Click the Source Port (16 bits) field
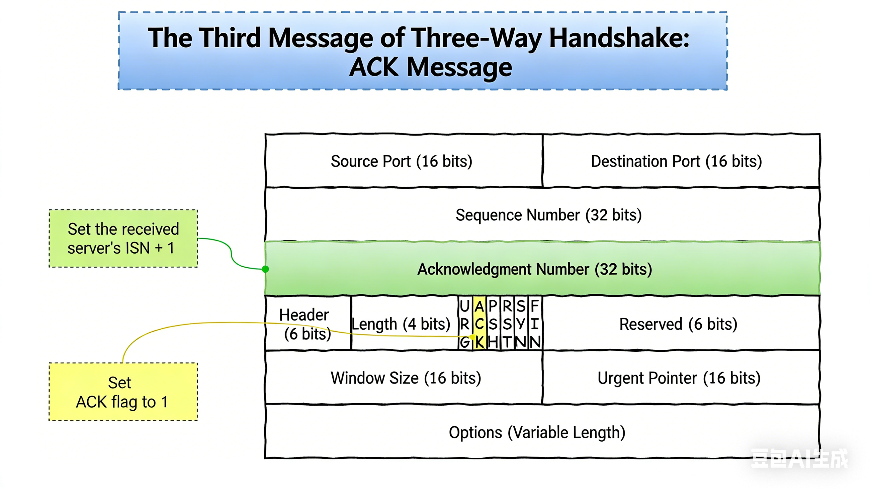(401, 161)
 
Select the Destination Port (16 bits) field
(676, 161)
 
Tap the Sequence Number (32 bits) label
(548, 215)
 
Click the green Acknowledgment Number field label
(534, 269)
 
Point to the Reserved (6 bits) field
(678, 324)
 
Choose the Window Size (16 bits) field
(405, 378)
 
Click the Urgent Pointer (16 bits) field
(679, 378)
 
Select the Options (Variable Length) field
(537, 432)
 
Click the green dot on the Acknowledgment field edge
(265, 269)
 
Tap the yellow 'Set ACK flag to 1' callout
(123, 392)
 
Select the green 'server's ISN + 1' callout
(123, 238)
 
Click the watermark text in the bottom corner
(799, 459)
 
